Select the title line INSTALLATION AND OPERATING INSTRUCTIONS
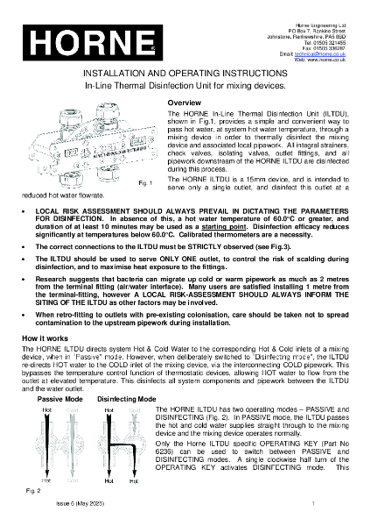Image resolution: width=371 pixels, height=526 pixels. coord(185,76)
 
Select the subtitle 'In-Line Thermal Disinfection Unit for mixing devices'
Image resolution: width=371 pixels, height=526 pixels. coord(185,89)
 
